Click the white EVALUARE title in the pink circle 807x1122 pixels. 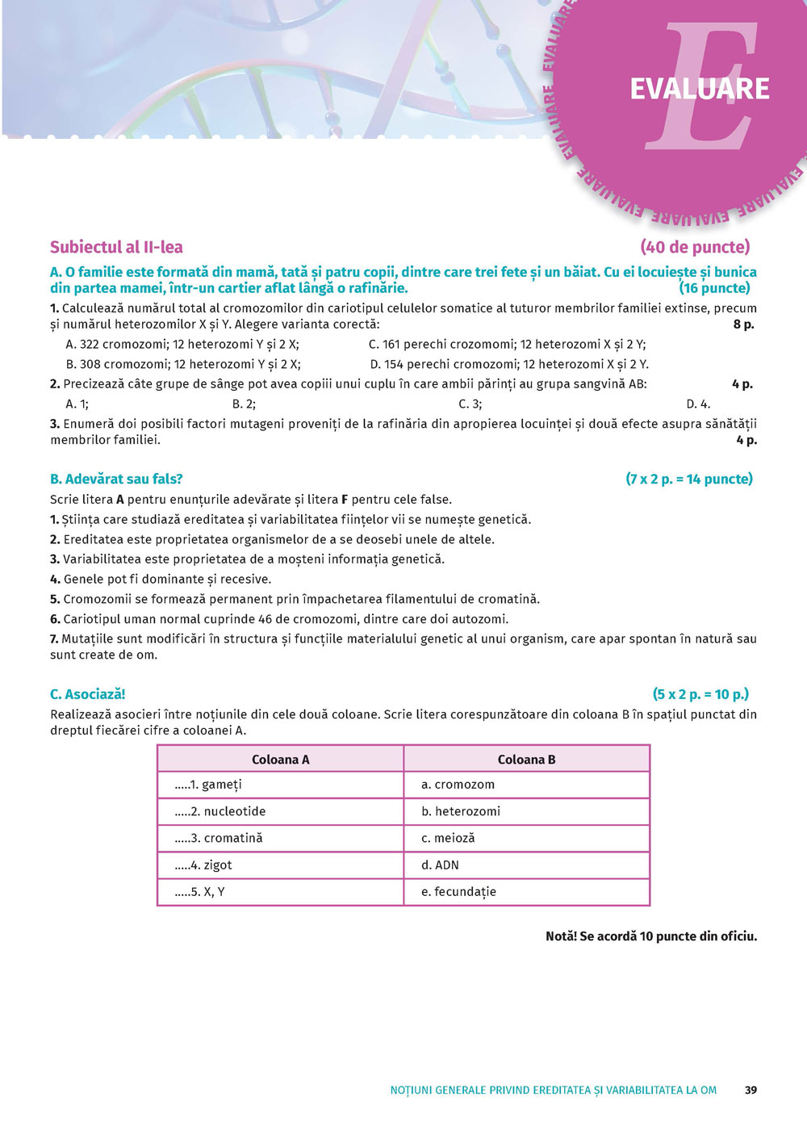tap(699, 89)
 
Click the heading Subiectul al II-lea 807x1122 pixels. tap(116, 247)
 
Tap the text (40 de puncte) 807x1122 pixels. tap(695, 247)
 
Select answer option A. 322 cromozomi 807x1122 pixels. tap(182, 344)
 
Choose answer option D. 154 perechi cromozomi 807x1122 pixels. tap(508, 364)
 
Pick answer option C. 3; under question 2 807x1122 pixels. tap(470, 404)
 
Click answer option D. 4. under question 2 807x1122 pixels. tap(698, 404)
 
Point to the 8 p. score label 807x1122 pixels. tap(743, 324)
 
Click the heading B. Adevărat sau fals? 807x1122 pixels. tap(116, 479)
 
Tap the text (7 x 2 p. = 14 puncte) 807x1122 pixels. tap(688, 479)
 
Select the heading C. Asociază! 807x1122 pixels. tap(88, 694)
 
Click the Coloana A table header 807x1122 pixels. tap(280, 760)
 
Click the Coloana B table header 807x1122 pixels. tap(526, 760)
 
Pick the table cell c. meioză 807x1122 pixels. tap(448, 838)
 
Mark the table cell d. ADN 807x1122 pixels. tap(440, 865)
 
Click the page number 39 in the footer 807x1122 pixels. tap(751, 1090)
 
